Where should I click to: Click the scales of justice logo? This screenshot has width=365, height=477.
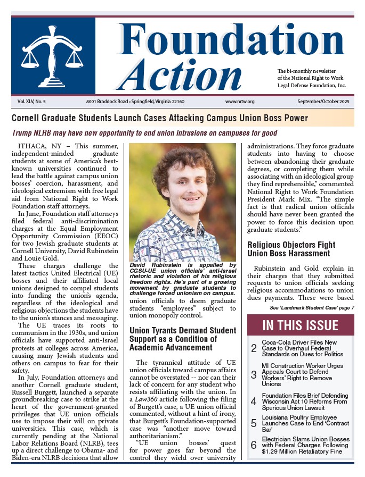tap(53, 56)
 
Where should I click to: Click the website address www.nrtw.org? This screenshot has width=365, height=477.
tap(240, 101)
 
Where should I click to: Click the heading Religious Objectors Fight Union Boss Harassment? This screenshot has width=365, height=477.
tap(296, 249)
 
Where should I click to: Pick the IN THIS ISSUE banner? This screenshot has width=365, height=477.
tap(300, 325)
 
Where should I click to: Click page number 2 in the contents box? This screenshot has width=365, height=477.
tap(254, 349)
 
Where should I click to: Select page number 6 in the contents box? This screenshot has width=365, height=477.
tap(254, 445)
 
